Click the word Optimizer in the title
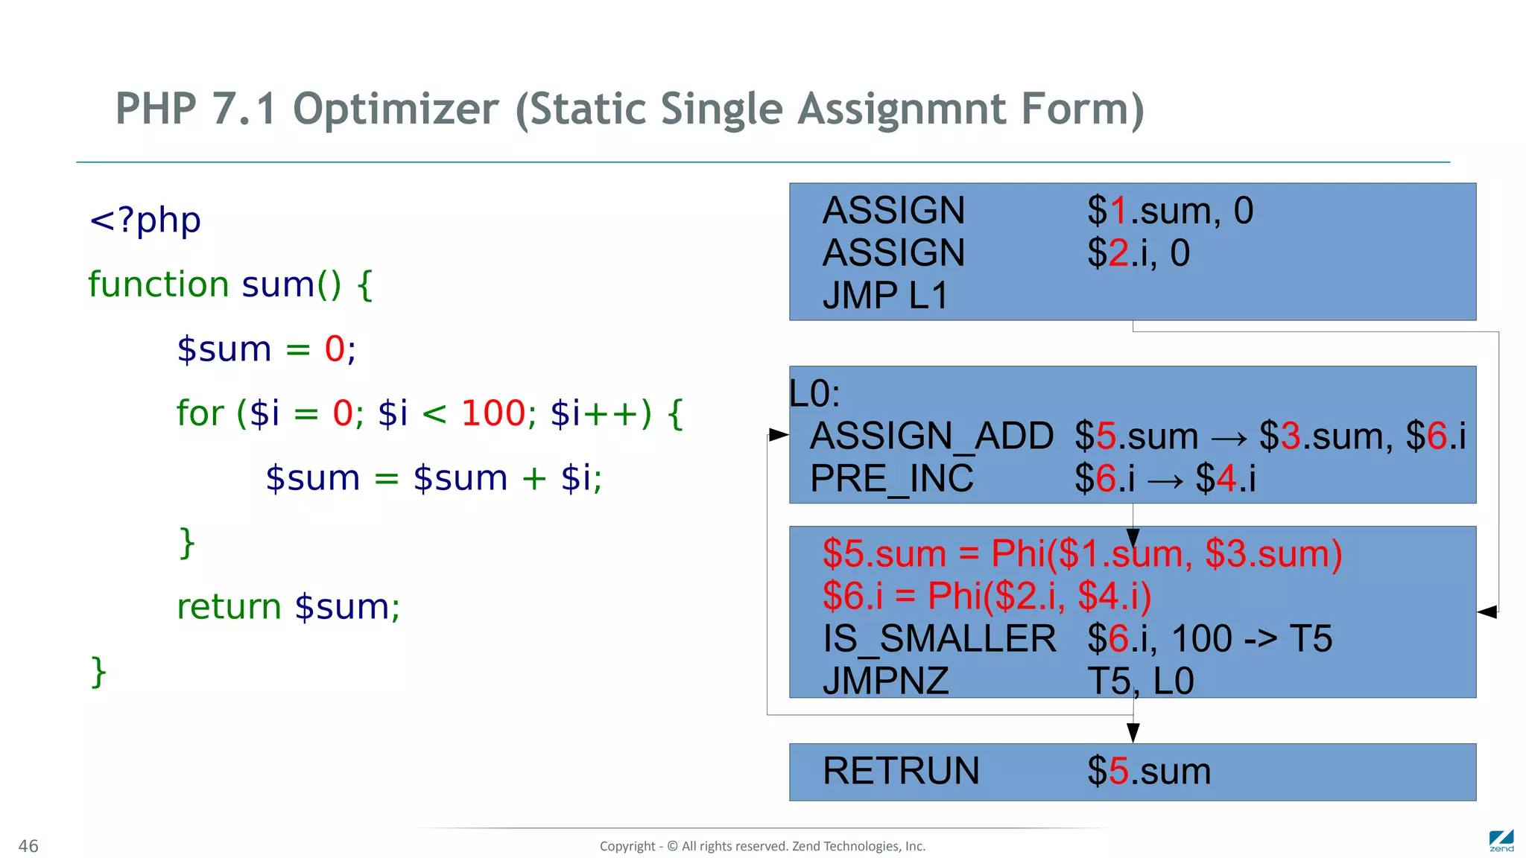[x=396, y=109]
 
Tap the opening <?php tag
[x=145, y=220]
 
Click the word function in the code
[x=158, y=285]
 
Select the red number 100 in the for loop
[x=493, y=413]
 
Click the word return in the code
[x=229, y=607]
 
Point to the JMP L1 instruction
[x=885, y=296]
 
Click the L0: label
[x=814, y=393]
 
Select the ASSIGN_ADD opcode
[x=931, y=436]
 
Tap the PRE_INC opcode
[x=892, y=478]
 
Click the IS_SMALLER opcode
[x=939, y=639]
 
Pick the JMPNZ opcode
[x=886, y=681]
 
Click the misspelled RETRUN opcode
[x=901, y=771]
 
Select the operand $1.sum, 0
[x=1170, y=211]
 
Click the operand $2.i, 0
[x=1138, y=253]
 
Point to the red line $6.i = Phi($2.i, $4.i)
[x=987, y=596]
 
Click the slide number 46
[x=28, y=846]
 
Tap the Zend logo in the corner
[x=1501, y=841]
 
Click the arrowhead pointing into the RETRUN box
[x=1133, y=733]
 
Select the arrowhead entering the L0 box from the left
[x=779, y=435]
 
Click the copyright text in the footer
[x=762, y=846]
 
